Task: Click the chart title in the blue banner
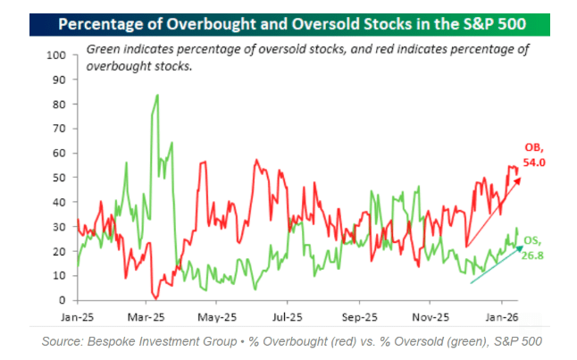[x=288, y=22]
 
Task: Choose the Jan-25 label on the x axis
[x=78, y=316]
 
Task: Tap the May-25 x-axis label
[x=215, y=316]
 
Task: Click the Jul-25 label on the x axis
[x=285, y=316]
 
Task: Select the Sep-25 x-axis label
[x=356, y=316]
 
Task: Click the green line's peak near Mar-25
[x=158, y=95]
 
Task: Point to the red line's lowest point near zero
[x=156, y=297]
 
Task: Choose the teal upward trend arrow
[x=495, y=264]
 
